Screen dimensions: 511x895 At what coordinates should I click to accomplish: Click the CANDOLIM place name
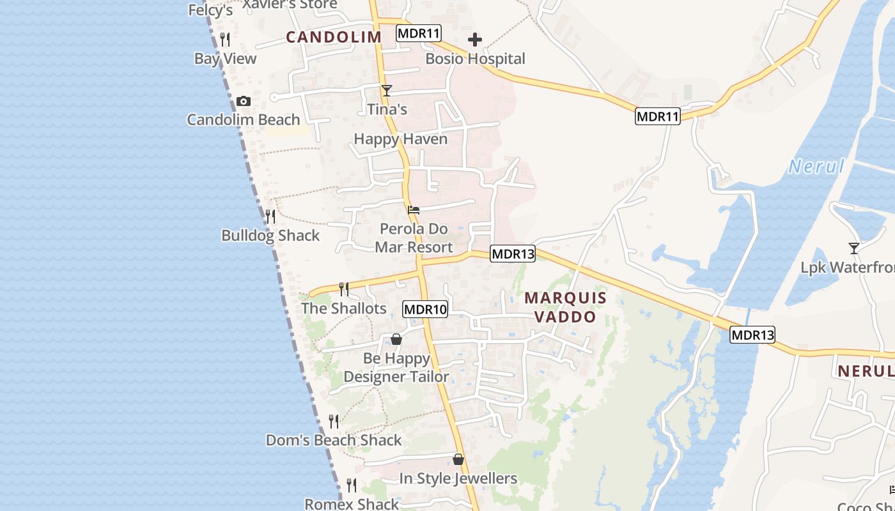[x=334, y=37]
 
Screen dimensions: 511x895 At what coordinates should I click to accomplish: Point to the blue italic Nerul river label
[x=816, y=167]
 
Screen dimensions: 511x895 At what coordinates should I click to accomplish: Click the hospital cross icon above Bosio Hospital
[x=475, y=40]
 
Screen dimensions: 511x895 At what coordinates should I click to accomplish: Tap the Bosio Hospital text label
[x=475, y=59]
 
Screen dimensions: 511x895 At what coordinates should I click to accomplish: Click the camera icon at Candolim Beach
[x=243, y=102]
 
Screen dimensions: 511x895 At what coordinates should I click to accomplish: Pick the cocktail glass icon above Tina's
[x=387, y=91]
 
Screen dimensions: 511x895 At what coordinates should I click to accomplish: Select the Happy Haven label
[x=400, y=139]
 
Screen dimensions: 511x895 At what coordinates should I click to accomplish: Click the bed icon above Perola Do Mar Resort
[x=414, y=210]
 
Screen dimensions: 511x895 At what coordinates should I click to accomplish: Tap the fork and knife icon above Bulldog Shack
[x=270, y=216]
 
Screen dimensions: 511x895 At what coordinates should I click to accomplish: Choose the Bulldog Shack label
[x=270, y=236]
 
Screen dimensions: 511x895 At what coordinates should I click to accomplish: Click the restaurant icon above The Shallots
[x=344, y=289]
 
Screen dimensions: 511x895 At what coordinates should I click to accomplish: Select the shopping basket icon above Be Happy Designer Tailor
[x=396, y=339]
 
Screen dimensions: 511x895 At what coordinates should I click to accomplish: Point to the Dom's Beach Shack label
[x=334, y=440]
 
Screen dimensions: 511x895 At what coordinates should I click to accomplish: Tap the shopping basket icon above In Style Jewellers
[x=458, y=459]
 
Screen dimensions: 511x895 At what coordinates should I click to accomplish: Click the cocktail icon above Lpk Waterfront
[x=854, y=248]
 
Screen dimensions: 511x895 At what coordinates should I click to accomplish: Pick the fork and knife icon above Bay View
[x=225, y=40]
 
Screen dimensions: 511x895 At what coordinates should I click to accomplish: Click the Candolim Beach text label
[x=243, y=119]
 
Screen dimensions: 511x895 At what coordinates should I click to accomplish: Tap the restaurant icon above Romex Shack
[x=352, y=485]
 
